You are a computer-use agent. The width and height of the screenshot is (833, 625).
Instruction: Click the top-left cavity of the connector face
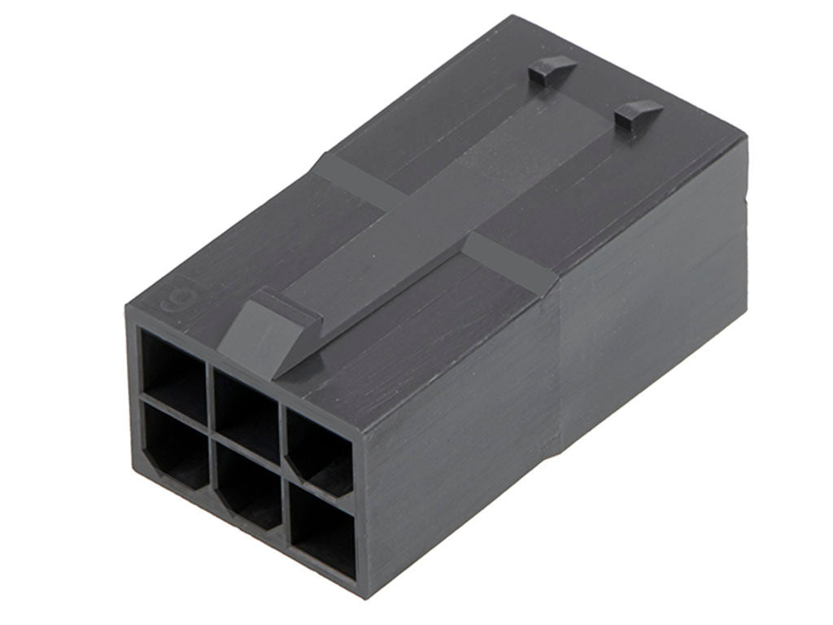[172, 363]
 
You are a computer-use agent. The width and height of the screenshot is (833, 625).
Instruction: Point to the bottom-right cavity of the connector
[321, 531]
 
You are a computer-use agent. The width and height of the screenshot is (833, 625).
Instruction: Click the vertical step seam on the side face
[561, 366]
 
